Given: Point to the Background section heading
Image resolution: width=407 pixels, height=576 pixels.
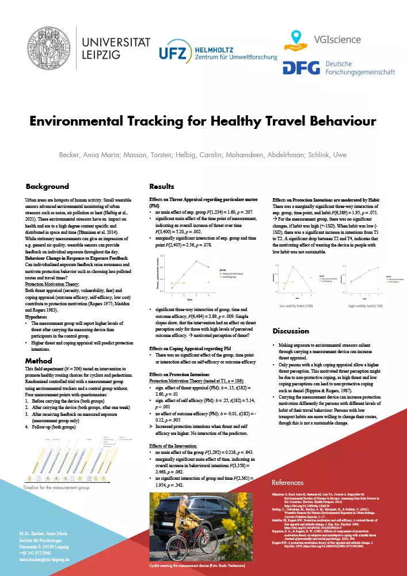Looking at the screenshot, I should [47, 187].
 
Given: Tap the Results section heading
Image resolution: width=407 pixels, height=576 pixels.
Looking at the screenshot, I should [162, 187].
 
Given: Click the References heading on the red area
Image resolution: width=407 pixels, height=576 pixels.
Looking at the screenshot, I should [288, 482].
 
